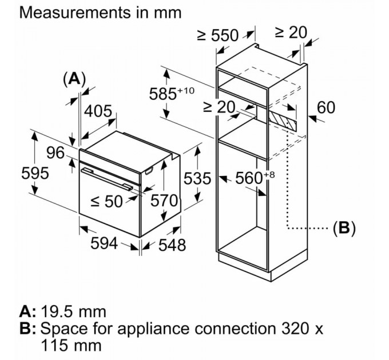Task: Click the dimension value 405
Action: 98,112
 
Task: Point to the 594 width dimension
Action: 104,243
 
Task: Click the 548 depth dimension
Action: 172,245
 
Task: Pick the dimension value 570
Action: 164,201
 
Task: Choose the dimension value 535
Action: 197,178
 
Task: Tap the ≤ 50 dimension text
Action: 107,201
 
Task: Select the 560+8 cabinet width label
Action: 251,178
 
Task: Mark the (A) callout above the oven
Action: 74,79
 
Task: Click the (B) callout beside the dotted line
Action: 344,228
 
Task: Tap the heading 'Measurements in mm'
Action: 100,11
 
